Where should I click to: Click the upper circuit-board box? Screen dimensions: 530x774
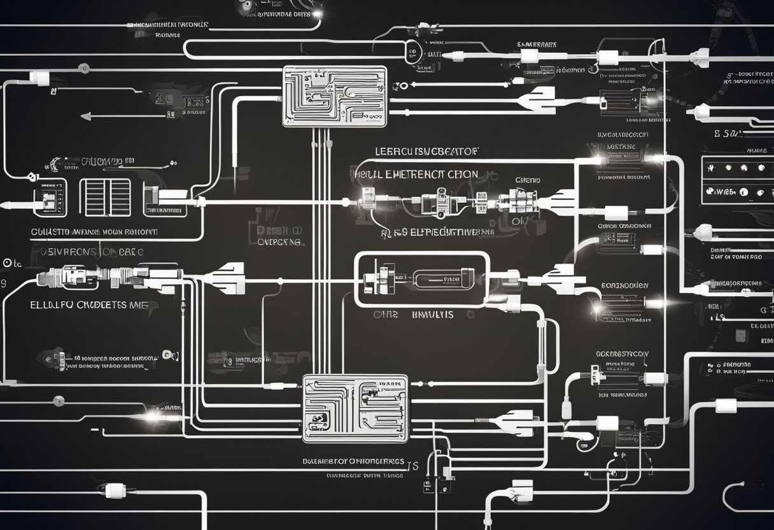[334, 96]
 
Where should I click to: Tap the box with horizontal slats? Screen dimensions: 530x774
[105, 197]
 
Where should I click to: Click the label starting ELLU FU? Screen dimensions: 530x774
[89, 305]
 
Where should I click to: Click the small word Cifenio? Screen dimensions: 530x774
[527, 180]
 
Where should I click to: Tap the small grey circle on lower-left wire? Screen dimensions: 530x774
[59, 401]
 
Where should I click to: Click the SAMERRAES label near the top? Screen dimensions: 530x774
[537, 45]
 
